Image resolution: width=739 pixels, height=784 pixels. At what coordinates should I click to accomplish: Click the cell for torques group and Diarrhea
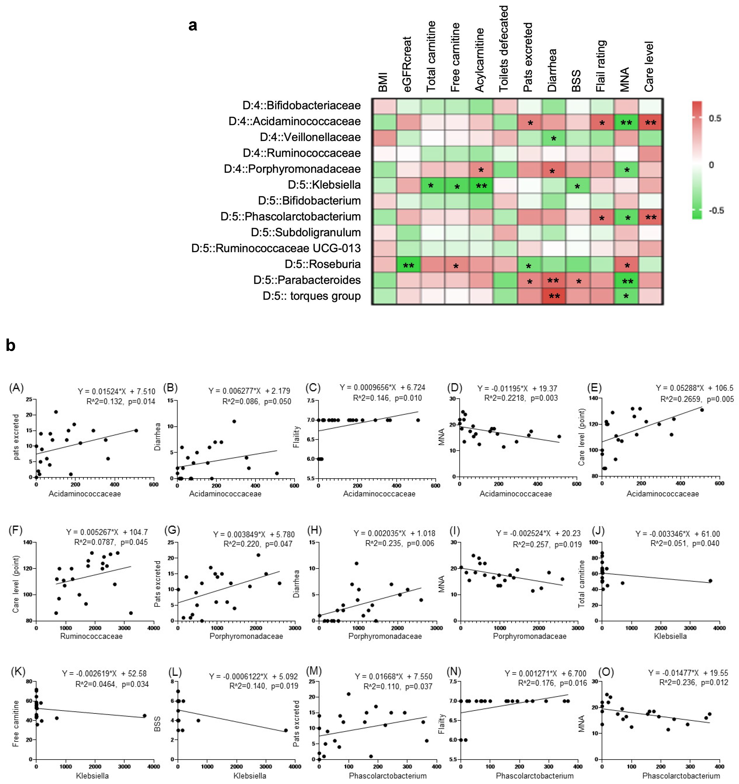[554, 296]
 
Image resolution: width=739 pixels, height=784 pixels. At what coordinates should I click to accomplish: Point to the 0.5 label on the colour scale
[715, 118]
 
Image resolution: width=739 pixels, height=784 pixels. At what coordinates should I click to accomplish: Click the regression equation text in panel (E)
[694, 388]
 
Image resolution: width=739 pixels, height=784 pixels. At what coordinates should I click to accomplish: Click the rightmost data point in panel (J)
[710, 580]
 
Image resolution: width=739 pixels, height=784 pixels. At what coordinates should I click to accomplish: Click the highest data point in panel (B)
[234, 421]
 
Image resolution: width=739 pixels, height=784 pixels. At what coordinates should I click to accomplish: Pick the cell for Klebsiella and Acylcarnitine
[481, 185]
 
